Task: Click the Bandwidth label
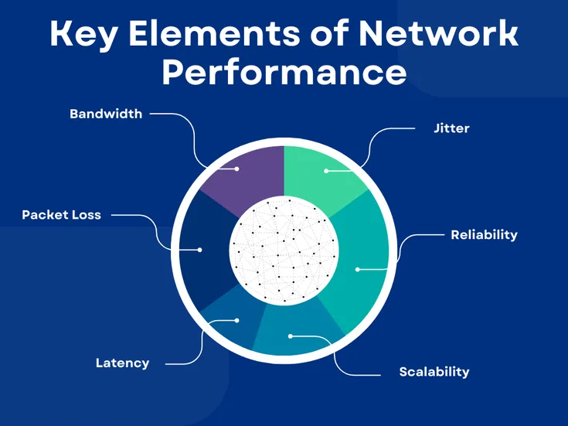pos(106,114)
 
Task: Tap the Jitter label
pos(452,128)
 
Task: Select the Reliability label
pos(484,234)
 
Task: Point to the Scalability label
pos(434,372)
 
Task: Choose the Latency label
pos(122,363)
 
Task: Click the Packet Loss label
pos(61,215)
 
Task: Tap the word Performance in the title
pos(284,72)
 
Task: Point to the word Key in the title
pos(83,35)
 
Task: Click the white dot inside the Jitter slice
pos(326,170)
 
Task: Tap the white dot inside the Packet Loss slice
pos(200,250)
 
